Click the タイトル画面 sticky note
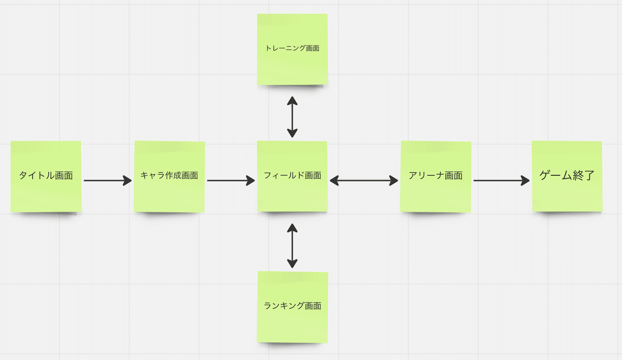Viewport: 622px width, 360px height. pos(46,176)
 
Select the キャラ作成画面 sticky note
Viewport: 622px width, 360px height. pos(169,176)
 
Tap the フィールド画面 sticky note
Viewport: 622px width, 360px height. pos(292,176)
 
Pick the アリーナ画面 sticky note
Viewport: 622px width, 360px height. pos(436,176)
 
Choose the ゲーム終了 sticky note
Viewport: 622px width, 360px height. pos(567,176)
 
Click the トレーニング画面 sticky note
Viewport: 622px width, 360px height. pos(292,49)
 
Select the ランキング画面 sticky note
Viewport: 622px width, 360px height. pos(292,307)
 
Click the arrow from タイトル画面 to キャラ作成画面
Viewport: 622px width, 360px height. pos(108,181)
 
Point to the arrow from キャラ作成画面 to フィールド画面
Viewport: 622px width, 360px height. pos(231,181)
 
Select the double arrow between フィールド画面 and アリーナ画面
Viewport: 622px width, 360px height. pos(364,181)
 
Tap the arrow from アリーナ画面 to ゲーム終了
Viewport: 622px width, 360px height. pos(502,181)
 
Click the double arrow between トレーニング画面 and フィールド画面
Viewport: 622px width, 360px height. pos(292,117)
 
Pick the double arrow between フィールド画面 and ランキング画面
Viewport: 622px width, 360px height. pos(292,246)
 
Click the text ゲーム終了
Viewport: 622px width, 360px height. pos(567,175)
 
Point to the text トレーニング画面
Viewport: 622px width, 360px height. pos(292,48)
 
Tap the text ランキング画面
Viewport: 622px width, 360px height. pos(292,306)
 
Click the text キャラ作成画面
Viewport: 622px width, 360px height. pos(169,175)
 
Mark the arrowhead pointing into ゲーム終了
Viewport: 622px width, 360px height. pos(525,181)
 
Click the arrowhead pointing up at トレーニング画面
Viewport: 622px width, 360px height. pos(292,101)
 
